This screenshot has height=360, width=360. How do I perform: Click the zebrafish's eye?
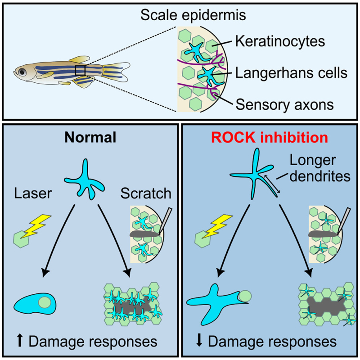[20, 71]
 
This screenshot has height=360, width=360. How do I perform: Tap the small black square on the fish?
[81, 71]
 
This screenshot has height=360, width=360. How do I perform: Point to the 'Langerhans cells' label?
[291, 73]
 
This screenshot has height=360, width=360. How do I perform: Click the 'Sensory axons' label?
[284, 104]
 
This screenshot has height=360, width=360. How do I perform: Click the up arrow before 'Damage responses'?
[21, 341]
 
